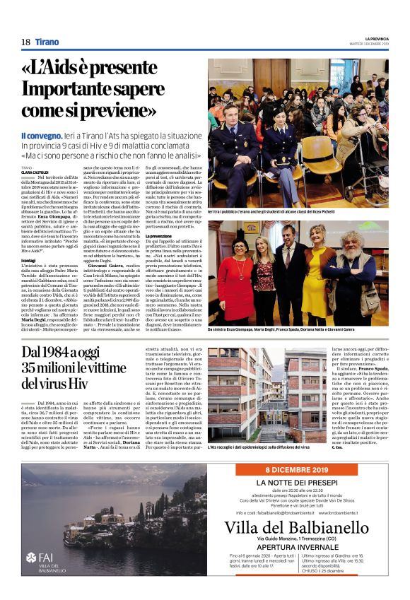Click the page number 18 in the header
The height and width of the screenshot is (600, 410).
click(25, 42)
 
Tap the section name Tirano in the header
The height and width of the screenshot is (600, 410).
click(47, 42)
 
